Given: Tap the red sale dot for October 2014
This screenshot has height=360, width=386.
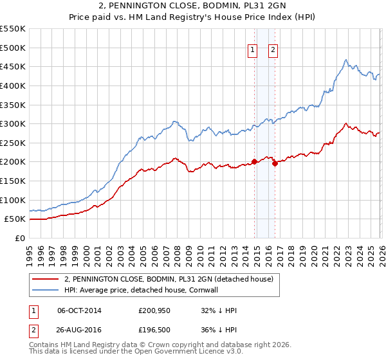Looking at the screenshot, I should click(x=255, y=161).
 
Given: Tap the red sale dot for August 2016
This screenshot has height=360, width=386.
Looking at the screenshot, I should click(x=275, y=163).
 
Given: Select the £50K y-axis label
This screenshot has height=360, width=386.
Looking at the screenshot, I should click(x=15, y=219).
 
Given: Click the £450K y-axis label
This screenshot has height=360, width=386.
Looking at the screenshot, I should click(x=13, y=66).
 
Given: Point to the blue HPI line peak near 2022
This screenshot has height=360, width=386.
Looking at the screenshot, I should click(x=345, y=60).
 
